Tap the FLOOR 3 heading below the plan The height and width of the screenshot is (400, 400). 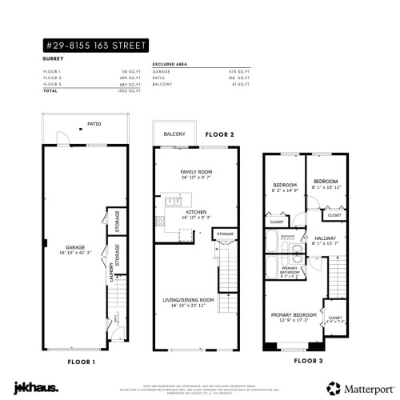(310, 361)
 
